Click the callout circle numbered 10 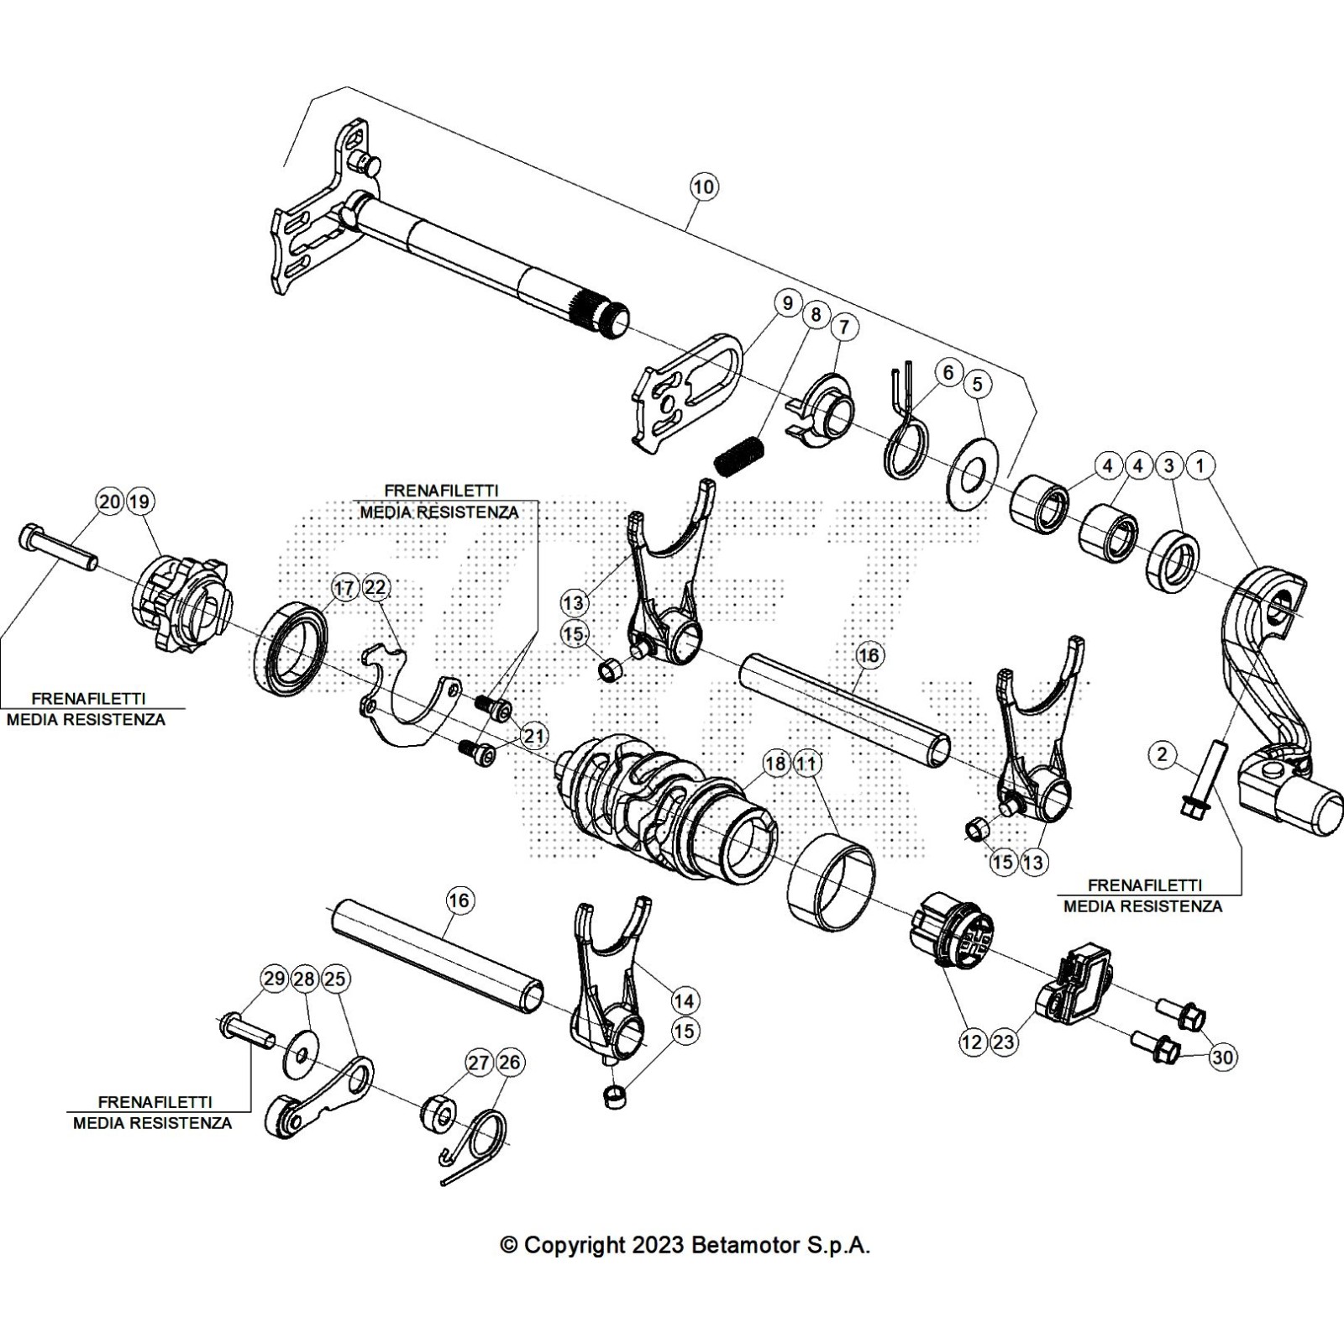pyautogui.click(x=704, y=186)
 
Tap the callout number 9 pyautogui.click(x=787, y=303)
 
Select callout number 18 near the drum pyautogui.click(x=776, y=764)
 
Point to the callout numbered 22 pyautogui.click(x=376, y=588)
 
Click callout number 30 pyautogui.click(x=1223, y=1058)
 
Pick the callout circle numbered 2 pyautogui.click(x=1162, y=754)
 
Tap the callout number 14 pyautogui.click(x=684, y=1000)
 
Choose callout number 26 pyautogui.click(x=509, y=1063)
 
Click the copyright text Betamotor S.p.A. pyautogui.click(x=685, y=1244)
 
